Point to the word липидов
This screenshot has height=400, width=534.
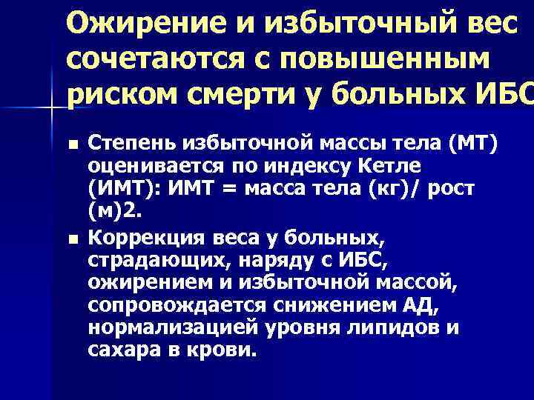point(400,326)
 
